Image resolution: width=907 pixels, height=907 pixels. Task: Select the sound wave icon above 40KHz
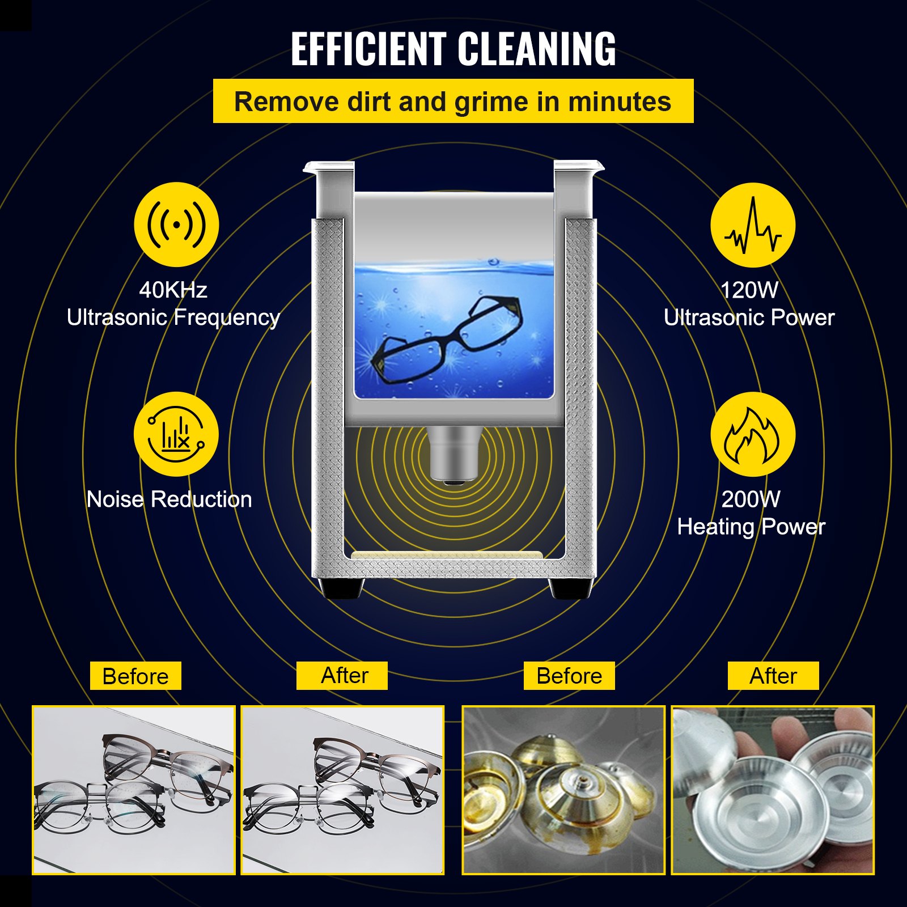(176, 225)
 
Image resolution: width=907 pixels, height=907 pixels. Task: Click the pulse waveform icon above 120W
(753, 225)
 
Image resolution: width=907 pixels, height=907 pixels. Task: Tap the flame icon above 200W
(753, 435)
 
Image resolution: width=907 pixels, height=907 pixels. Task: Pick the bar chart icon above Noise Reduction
(176, 435)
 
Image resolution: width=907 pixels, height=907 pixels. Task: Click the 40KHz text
(173, 290)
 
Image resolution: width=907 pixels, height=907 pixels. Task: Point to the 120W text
(749, 290)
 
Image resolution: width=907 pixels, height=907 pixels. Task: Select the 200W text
(751, 499)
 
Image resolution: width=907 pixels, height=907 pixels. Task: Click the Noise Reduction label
(169, 499)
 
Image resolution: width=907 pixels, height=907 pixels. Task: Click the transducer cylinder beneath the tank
(453, 453)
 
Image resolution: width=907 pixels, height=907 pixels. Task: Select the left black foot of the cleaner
(340, 588)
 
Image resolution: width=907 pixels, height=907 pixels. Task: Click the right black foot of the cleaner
(570, 588)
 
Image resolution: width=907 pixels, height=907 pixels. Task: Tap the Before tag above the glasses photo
(135, 676)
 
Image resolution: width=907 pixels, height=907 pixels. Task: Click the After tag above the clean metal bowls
(773, 676)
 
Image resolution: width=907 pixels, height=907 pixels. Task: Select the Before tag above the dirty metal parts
(569, 676)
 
